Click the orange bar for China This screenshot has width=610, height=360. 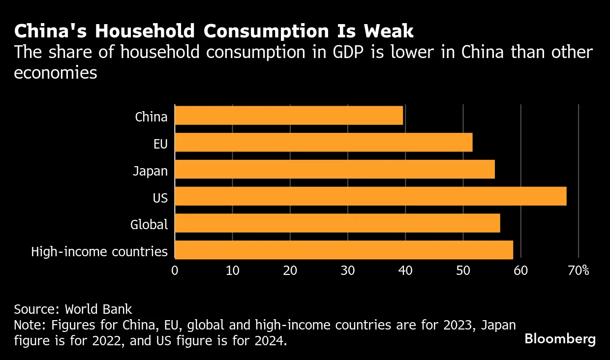[289, 116]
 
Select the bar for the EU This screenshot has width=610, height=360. [324, 143]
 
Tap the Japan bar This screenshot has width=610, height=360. [335, 169]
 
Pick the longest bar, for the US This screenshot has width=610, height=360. [370, 196]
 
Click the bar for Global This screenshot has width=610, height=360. [337, 223]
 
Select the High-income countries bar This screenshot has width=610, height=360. [344, 250]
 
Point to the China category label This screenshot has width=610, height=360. [152, 117]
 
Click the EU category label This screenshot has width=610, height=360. [160, 144]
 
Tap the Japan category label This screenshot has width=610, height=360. [151, 171]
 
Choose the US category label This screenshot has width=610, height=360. [160, 198]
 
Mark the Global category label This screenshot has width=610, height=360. [149, 225]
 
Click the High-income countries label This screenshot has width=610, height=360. [99, 252]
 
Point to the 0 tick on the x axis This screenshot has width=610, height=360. [175, 270]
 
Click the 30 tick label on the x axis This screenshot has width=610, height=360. [348, 270]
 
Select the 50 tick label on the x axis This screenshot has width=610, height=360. [463, 270]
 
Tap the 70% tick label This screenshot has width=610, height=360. [579, 270]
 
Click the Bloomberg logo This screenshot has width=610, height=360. [560, 339]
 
